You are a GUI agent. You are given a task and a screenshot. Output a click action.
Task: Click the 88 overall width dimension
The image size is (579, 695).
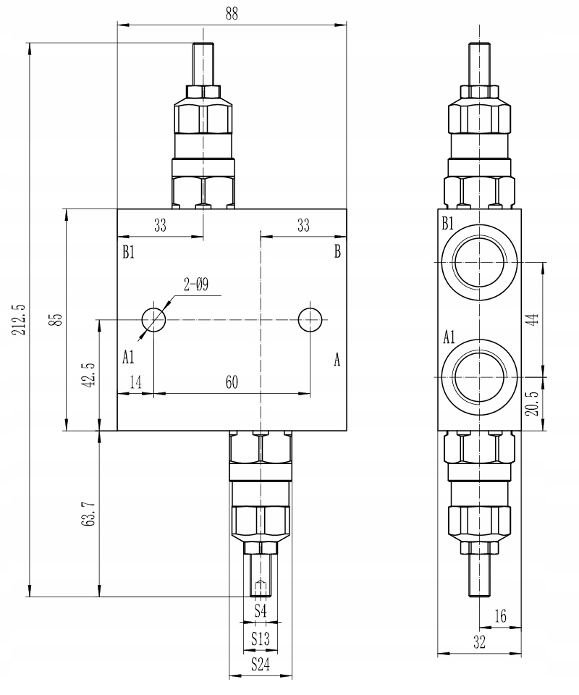232,14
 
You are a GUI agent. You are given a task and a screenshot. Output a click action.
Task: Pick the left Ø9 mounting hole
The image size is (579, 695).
154,319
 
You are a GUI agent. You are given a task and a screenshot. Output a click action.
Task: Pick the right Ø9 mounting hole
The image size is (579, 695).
310,319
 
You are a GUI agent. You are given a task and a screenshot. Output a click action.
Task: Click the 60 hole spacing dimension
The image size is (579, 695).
232,383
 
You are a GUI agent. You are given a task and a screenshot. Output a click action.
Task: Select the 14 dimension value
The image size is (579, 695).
136,383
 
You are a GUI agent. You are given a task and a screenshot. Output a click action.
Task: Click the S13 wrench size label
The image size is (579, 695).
261,639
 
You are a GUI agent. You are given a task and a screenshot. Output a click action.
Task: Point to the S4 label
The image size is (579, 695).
261,612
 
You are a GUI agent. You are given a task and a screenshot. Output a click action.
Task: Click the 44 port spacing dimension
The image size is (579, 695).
533,319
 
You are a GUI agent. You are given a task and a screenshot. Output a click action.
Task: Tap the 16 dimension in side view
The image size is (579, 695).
500,615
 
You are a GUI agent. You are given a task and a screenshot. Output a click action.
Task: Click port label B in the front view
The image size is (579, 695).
337,252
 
